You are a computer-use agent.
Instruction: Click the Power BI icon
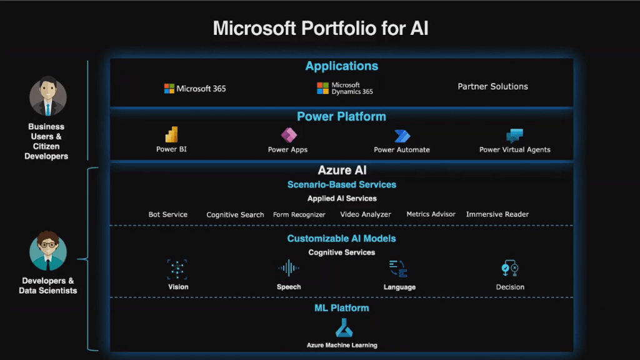tap(171, 134)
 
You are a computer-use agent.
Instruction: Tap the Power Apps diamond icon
tap(289, 135)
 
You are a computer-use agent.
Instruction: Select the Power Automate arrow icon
tap(402, 136)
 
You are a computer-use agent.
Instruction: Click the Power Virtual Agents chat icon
tap(515, 136)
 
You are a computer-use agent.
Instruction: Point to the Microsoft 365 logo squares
tap(169, 89)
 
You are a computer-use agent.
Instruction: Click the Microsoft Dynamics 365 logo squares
tap(322, 88)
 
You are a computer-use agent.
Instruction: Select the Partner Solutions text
tap(492, 86)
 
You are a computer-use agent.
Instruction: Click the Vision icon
tap(177, 269)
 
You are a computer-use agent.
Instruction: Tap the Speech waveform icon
tap(289, 268)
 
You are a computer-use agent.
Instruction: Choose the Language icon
tap(398, 269)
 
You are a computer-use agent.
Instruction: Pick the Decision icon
tap(510, 268)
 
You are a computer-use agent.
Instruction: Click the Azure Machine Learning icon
tap(344, 328)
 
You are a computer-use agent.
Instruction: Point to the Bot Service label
tap(167, 214)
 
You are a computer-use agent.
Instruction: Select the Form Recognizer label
tap(299, 215)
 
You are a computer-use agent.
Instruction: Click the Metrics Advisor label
tap(431, 214)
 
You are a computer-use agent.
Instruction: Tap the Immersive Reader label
tap(497, 214)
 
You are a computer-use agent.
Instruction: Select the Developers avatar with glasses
tap(47, 251)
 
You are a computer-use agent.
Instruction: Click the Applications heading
tap(342, 66)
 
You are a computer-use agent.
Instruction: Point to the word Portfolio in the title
tap(339, 29)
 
